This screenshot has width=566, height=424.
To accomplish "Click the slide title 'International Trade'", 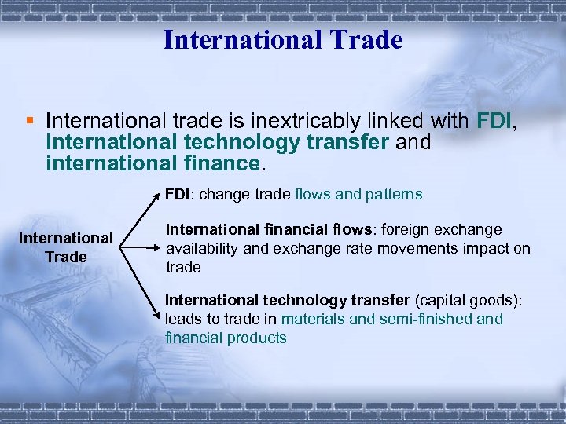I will point(283,39).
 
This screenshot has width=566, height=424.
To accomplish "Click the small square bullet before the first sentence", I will point(29,121).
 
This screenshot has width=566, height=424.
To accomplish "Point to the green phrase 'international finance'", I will point(153,163).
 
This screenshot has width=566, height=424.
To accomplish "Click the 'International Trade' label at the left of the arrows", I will point(66,247).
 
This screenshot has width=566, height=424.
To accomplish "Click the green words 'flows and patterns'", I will point(358,194).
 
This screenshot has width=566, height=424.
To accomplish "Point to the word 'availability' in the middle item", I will point(199,249).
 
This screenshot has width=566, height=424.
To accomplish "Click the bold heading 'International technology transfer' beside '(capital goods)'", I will point(287,300).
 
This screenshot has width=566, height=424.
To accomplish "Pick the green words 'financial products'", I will point(226,338).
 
